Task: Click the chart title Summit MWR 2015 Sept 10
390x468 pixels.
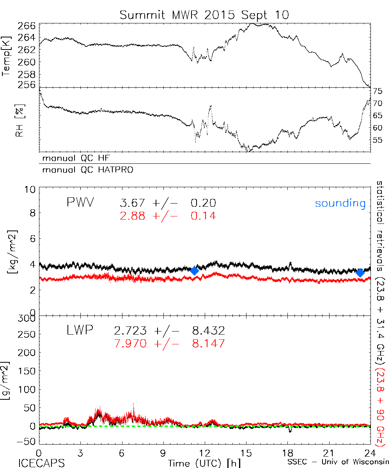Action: pos(204,15)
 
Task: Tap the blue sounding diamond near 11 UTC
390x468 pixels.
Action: pos(194,271)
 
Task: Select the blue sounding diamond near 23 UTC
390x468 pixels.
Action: pos(360,273)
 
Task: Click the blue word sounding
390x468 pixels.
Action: pos(340,203)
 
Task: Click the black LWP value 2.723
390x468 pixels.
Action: pos(131,331)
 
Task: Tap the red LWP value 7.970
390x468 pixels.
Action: pos(131,344)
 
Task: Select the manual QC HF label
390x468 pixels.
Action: pos(74,158)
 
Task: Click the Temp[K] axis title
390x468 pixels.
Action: pos(7,55)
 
